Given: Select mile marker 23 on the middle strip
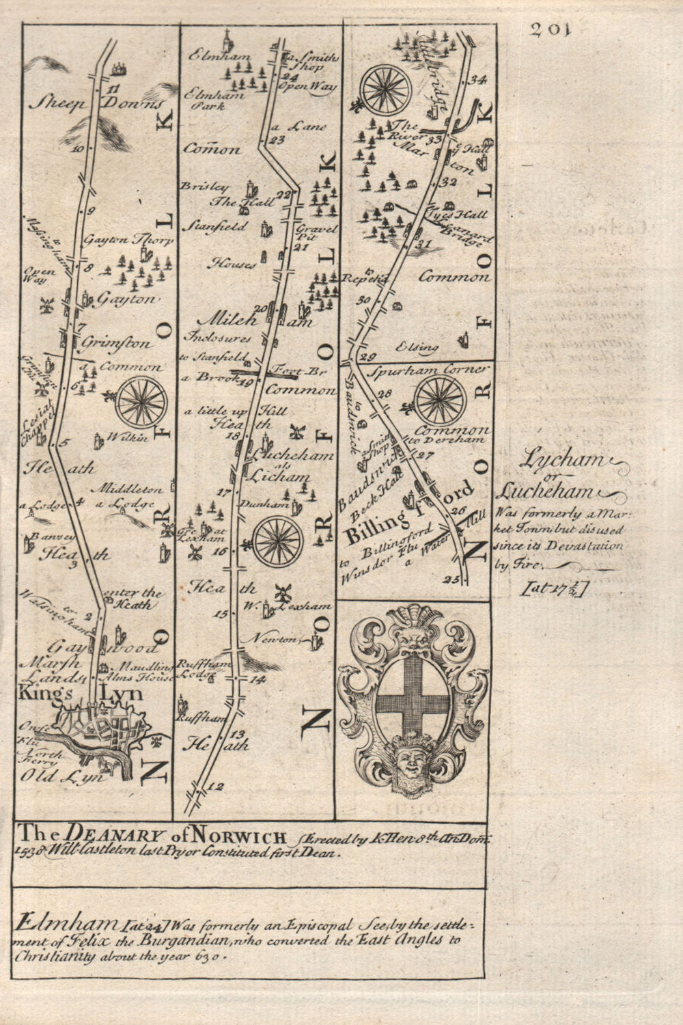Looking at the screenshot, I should (277, 141).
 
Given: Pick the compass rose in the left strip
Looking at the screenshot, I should (142, 402).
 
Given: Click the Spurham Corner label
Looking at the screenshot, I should (429, 370).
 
